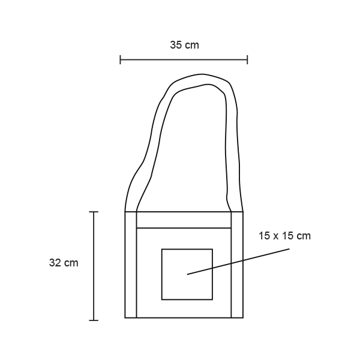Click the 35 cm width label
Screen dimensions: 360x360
point(184,45)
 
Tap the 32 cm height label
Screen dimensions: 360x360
point(64,263)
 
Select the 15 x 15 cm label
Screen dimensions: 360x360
point(284,236)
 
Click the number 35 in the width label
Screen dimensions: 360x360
point(176,45)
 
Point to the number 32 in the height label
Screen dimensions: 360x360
point(55,263)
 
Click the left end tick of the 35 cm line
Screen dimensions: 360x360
point(121,59)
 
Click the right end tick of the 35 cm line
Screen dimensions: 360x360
point(247,59)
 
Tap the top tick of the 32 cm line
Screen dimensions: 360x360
point(94,212)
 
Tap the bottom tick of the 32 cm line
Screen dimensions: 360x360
point(94,320)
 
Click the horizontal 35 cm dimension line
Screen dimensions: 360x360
point(184,59)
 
